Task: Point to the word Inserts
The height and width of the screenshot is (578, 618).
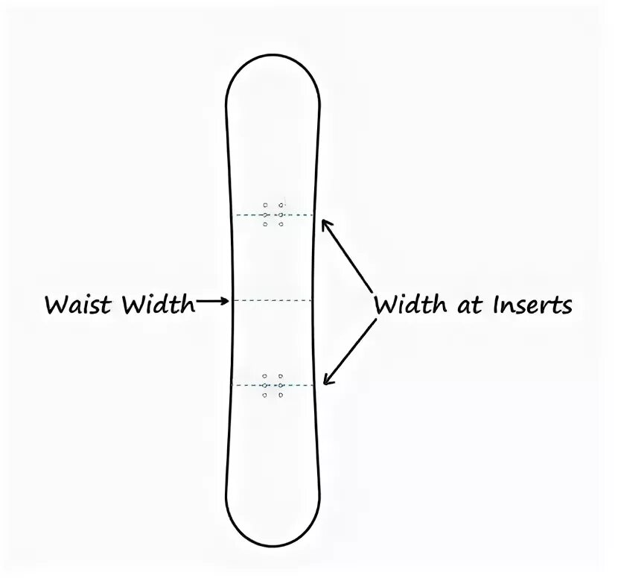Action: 529,305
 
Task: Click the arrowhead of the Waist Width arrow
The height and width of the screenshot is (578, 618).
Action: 226,301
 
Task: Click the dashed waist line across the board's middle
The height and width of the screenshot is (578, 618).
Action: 273,301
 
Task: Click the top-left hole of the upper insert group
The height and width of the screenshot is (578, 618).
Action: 265,204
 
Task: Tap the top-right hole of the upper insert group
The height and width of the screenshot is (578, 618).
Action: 281,204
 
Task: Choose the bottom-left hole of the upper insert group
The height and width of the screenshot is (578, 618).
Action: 265,224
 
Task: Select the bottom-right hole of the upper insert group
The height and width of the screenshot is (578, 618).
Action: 281,224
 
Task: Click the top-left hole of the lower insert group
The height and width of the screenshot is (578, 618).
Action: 265,376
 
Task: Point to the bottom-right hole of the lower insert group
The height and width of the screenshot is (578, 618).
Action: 281,395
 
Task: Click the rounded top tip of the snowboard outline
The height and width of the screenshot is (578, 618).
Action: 273,57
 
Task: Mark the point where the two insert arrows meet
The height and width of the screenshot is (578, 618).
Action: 373,302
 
